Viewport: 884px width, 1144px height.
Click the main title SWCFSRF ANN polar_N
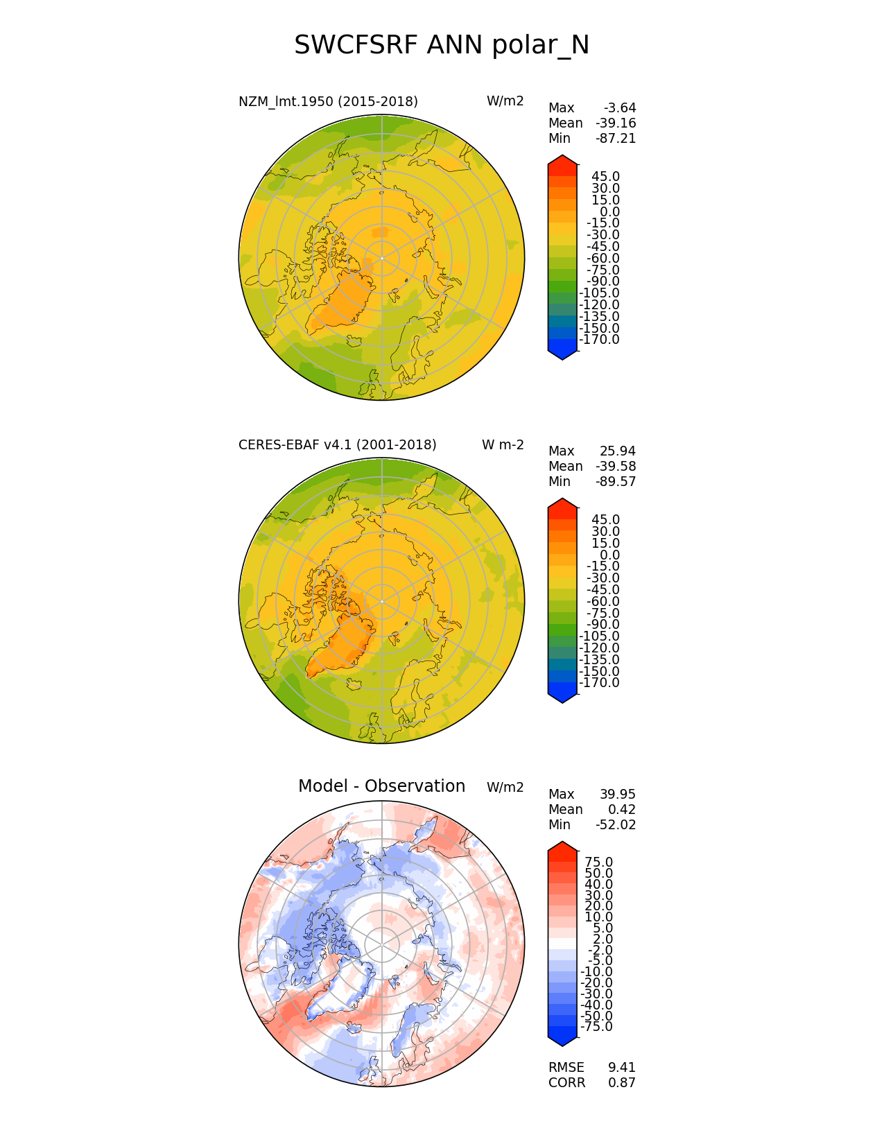point(442,46)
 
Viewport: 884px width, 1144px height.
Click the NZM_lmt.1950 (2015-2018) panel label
point(328,102)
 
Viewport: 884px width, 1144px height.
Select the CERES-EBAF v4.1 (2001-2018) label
point(337,445)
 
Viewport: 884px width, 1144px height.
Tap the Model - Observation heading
point(381,786)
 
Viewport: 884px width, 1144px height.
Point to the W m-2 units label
point(503,445)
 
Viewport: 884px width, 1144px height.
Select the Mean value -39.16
point(615,123)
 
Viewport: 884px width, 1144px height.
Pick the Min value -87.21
point(615,139)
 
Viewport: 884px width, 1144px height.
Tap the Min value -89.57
point(615,482)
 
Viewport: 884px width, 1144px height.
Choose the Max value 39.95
point(617,795)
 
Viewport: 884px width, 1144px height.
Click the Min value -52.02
point(615,825)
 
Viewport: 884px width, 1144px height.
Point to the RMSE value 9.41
point(621,1068)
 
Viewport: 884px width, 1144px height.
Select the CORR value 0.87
point(621,1083)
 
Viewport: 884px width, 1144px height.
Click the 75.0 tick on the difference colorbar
point(599,863)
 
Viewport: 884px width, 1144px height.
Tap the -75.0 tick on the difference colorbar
point(596,1027)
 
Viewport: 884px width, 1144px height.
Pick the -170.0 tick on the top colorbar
point(599,340)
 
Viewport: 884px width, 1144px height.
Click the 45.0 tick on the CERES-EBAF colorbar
point(605,520)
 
